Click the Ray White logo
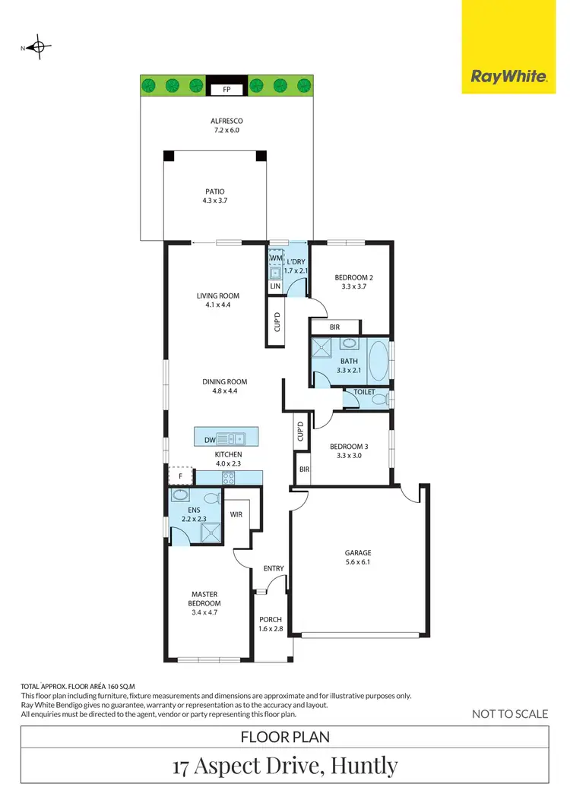pos(508,76)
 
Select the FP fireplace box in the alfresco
pos(226,90)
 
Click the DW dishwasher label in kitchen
pos(210,440)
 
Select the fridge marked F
pos(180,476)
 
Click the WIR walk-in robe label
pos(236,514)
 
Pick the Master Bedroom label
pos(204,599)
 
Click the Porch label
pos(271,619)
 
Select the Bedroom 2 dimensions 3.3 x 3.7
pos(354,289)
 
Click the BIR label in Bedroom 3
pos(303,470)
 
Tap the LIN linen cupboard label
pos(275,286)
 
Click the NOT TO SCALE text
pos(510,713)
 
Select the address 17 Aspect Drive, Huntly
pos(285,765)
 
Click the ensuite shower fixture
pos(207,533)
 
